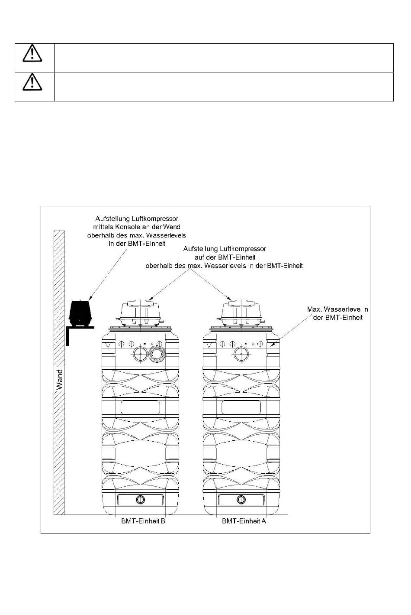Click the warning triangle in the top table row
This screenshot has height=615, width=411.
point(32,54)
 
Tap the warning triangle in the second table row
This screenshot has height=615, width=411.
point(32,83)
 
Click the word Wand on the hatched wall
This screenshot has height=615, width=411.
point(59,379)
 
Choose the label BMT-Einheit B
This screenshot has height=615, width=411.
point(143,521)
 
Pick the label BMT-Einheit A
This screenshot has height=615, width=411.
point(244,521)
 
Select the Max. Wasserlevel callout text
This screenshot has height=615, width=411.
point(337,313)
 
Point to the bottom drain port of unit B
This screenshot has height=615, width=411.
point(141,500)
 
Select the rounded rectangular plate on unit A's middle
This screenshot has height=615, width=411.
point(241,407)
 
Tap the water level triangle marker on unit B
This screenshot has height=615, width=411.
point(108,345)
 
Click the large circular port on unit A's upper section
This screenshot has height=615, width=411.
point(240,355)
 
